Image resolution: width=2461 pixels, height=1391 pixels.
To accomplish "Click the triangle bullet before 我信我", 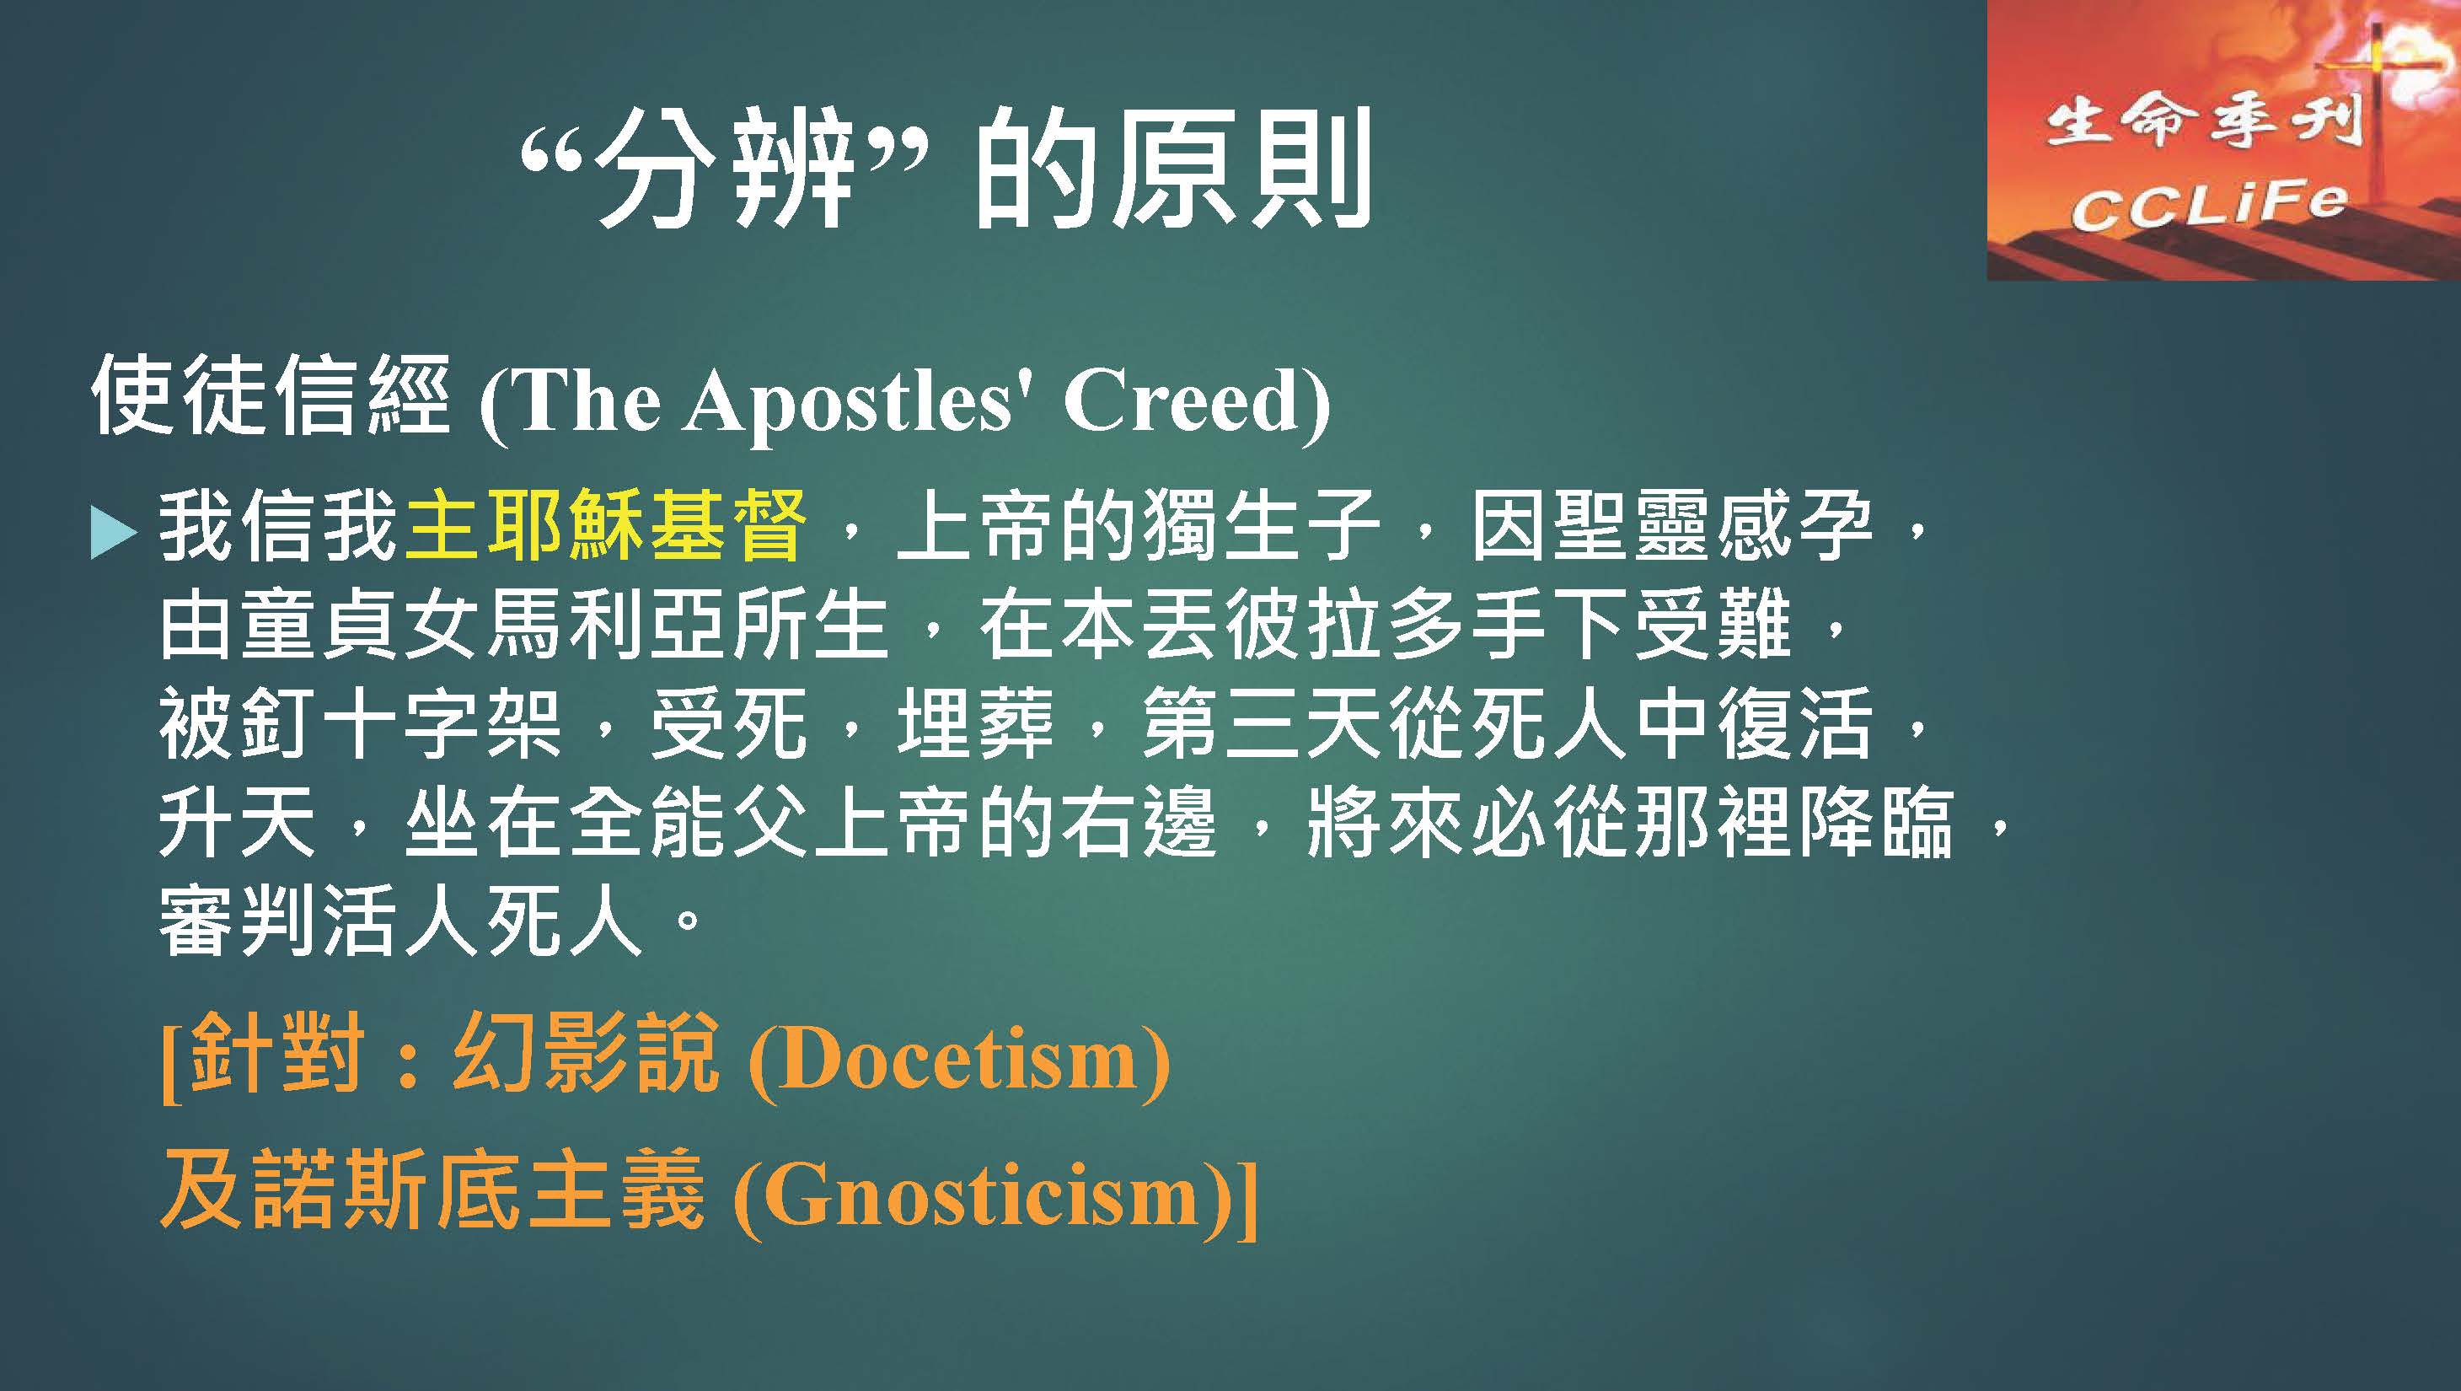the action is pos(113,531).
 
